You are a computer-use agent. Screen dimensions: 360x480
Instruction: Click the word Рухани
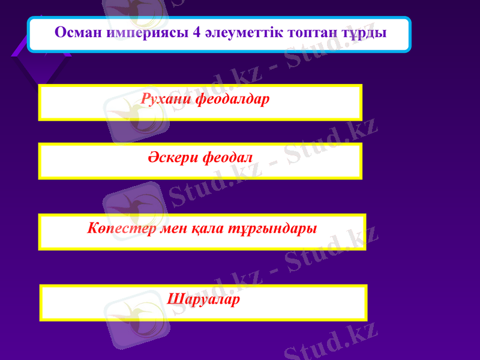(x=167, y=98)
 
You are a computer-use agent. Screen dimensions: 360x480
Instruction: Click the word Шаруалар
(x=203, y=298)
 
